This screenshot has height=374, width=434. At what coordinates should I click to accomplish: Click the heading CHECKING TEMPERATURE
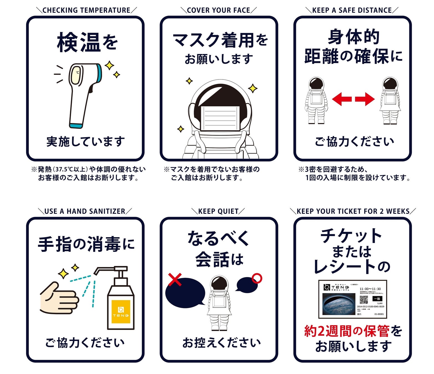pos(86,10)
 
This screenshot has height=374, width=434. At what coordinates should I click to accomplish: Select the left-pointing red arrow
pos(342,99)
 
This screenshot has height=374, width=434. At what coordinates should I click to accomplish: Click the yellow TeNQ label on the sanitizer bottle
pos(121,312)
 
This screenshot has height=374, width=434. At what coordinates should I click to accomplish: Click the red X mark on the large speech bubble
pos(175,280)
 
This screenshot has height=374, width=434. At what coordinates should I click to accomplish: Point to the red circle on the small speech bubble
pos(257,278)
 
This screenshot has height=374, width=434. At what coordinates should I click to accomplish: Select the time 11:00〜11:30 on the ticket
pos(370,289)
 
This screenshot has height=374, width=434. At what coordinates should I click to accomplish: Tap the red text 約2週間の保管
pos(347,331)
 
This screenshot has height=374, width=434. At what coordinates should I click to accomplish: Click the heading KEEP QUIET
pos(218,211)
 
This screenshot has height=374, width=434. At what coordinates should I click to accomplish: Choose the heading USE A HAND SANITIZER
pos(85,211)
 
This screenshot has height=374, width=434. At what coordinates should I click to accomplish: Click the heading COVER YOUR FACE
pos(219,10)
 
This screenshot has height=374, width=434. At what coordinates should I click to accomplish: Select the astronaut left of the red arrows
pos(316,100)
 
